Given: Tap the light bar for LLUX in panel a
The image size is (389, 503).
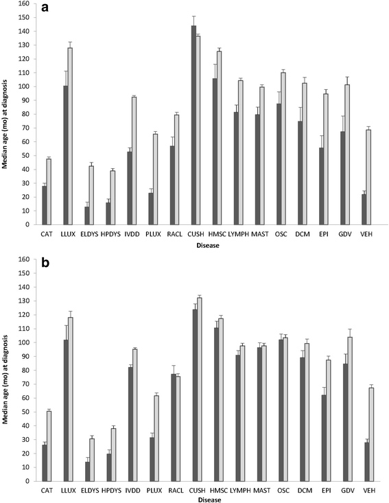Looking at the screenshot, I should coord(89,156).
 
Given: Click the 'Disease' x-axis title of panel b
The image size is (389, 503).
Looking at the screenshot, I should coord(206,498).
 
